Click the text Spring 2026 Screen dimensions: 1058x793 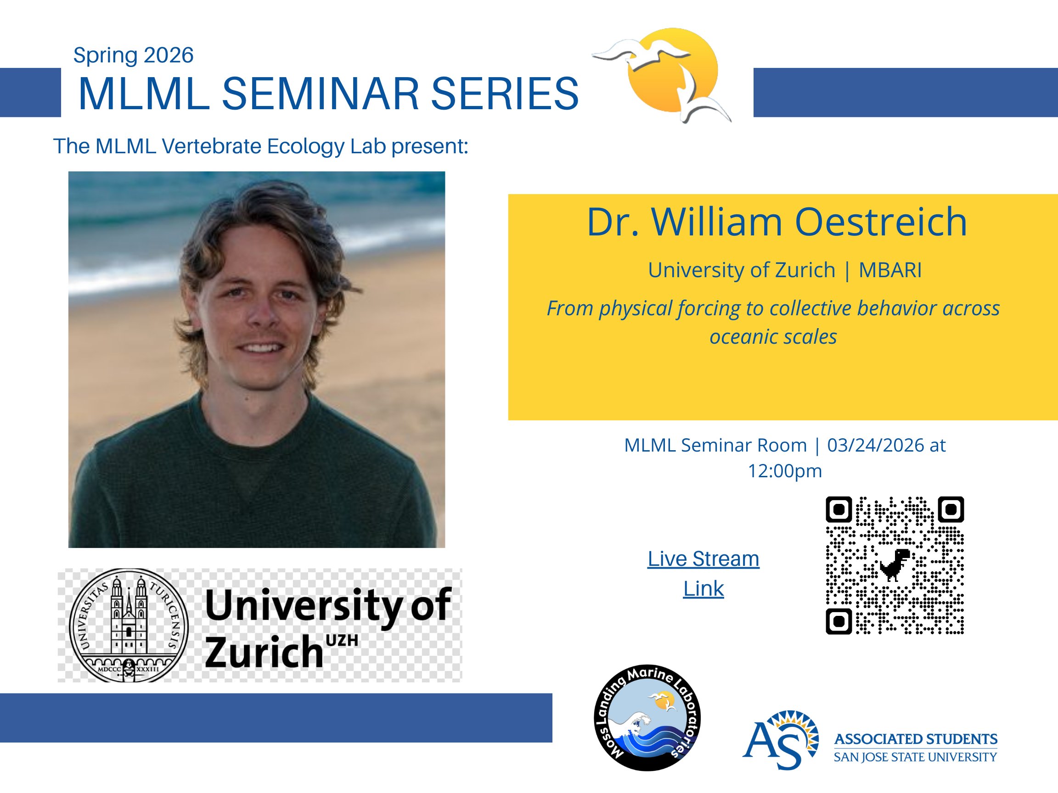133,56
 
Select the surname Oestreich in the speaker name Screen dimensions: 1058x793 881,222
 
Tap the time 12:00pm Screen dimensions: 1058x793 784,471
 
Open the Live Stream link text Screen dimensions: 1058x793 703,573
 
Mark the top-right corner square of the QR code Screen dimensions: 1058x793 951,509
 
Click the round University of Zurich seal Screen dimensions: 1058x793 129,625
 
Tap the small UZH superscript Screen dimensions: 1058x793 342,641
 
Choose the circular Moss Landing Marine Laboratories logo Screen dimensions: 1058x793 647,717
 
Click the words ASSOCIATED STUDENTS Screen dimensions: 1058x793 916,739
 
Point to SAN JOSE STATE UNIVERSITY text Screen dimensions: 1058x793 916,757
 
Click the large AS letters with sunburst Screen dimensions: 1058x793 781,740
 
